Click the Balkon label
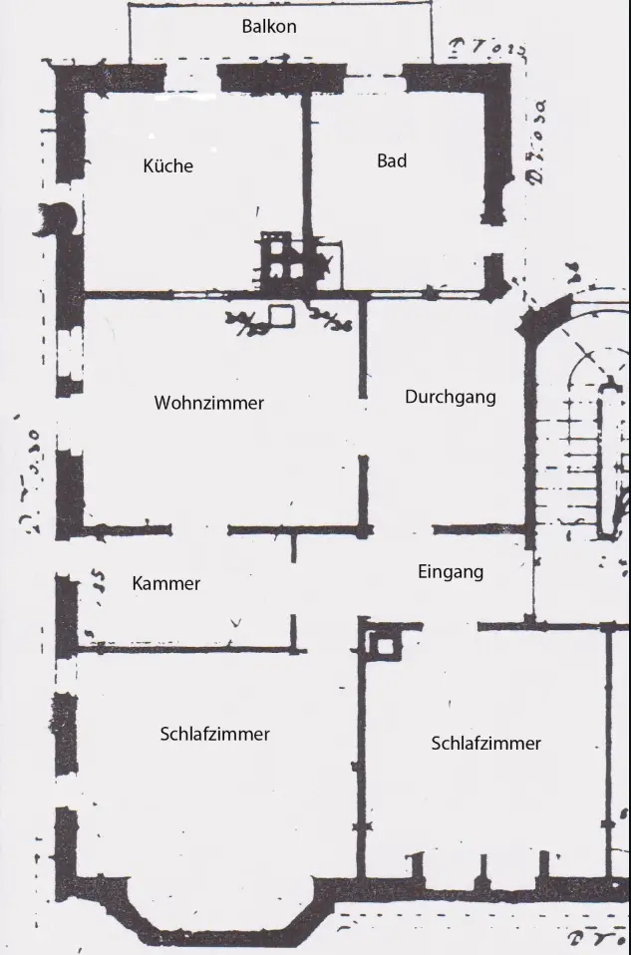point(269,26)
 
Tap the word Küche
point(167,165)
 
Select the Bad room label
point(392,160)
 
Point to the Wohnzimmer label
point(209,403)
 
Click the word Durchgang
point(450,397)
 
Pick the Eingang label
point(450,571)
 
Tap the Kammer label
point(165,583)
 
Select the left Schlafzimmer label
point(214,734)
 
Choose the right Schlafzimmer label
point(485,744)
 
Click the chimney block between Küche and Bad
point(283,257)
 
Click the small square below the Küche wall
point(281,316)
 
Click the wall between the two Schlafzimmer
point(362,758)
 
